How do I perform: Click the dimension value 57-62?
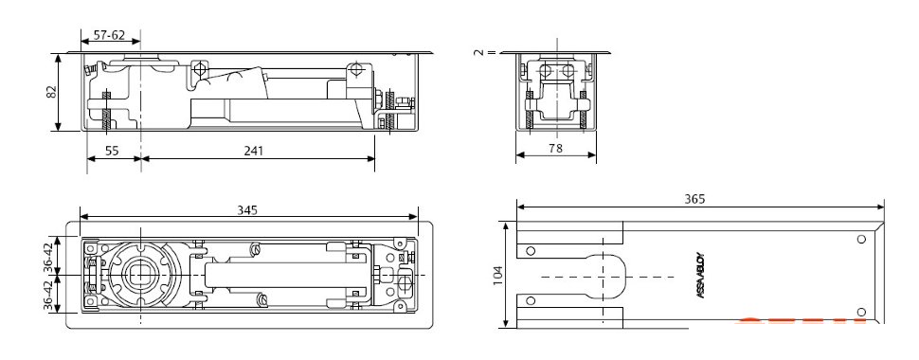(110, 35)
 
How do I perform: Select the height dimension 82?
(51, 92)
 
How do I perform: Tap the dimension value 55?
(112, 151)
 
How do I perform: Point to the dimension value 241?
(253, 151)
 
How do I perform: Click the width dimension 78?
(555, 149)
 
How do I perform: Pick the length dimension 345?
(247, 210)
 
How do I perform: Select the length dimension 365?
(695, 199)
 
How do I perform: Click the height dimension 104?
(498, 276)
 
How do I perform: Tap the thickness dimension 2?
(479, 52)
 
